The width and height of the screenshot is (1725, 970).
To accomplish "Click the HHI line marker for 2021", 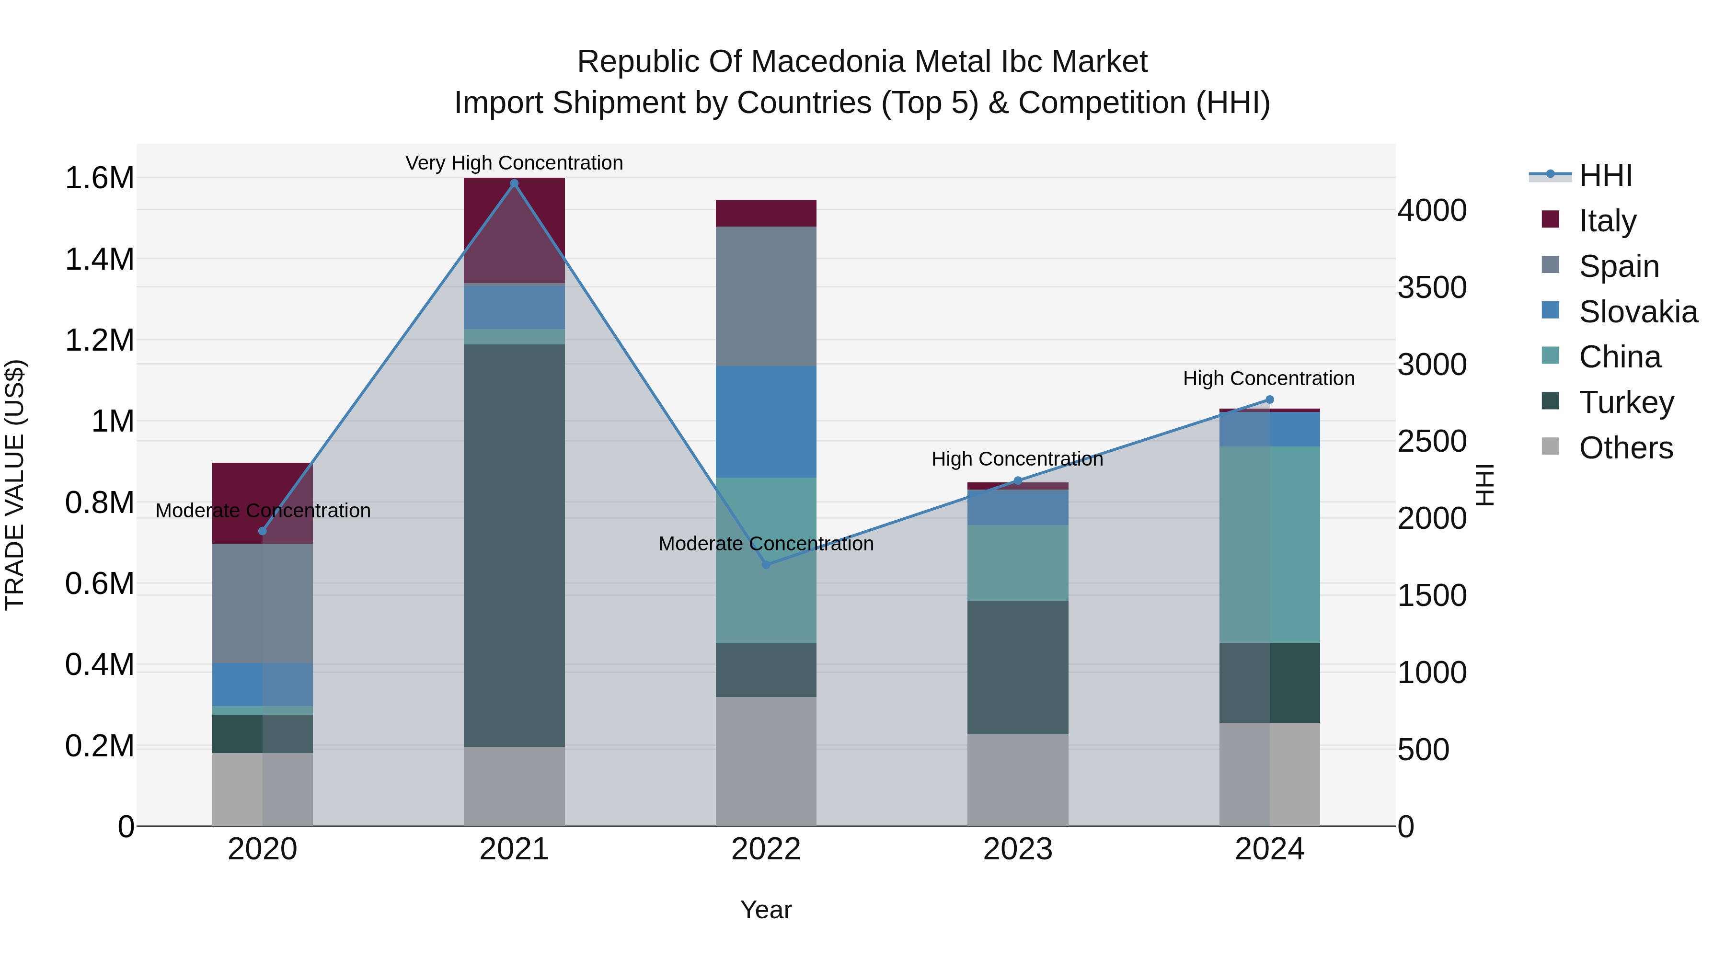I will pyautogui.click(x=514, y=183).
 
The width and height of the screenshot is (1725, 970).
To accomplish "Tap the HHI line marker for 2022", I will pyautogui.click(x=767, y=564).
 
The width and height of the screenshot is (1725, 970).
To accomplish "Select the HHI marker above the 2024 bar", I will pyautogui.click(x=1269, y=399).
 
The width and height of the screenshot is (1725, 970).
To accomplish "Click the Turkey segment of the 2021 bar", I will pyautogui.click(x=514, y=546).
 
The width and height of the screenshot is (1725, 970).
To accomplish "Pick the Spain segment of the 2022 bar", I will pyautogui.click(x=766, y=296).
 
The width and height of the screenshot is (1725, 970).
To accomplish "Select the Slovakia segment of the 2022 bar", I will pyautogui.click(x=766, y=422).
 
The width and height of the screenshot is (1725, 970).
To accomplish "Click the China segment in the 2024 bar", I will pyautogui.click(x=1269, y=544).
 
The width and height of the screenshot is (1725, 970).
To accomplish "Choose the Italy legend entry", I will pyautogui.click(x=1607, y=220).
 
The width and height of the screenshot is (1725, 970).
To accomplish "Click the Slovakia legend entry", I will pyautogui.click(x=1638, y=311).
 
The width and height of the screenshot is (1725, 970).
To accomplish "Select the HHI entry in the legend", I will pyautogui.click(x=1605, y=175).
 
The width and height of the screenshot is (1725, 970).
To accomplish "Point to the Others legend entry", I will pyautogui.click(x=1625, y=448).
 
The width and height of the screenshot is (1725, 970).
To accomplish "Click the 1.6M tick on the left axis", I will pyautogui.click(x=99, y=178).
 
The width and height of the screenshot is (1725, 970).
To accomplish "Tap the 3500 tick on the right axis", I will pyautogui.click(x=1432, y=287).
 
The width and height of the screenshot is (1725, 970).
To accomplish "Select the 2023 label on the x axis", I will pyautogui.click(x=1017, y=849).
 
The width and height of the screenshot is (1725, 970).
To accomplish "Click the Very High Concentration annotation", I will pyautogui.click(x=514, y=163).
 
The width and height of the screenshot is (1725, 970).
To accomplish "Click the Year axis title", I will pyautogui.click(x=766, y=910).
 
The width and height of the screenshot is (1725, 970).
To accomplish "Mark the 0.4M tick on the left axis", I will pyautogui.click(x=99, y=665).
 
